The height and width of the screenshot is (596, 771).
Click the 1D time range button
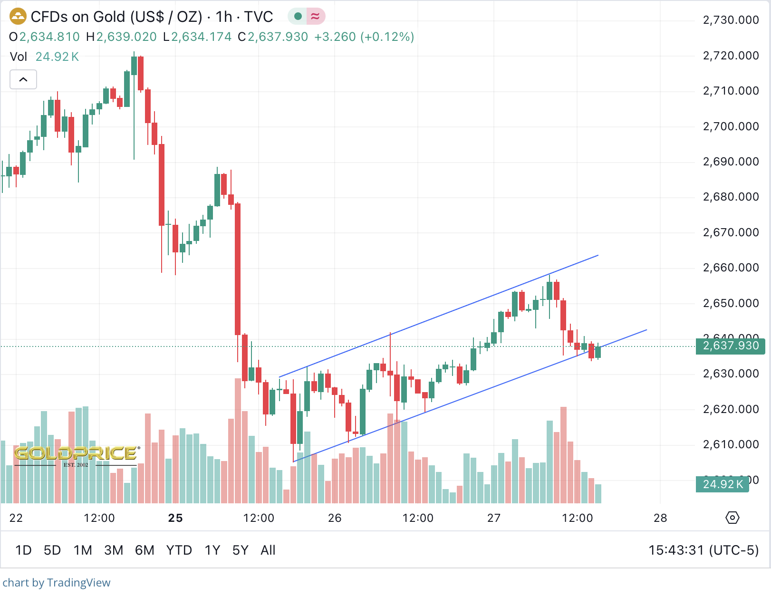pos(23,550)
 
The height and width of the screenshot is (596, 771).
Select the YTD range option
pos(179,550)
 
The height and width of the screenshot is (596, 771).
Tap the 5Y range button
pos(240,550)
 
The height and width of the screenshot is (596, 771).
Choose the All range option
pos(268,550)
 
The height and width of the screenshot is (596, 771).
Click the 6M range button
pos(145,550)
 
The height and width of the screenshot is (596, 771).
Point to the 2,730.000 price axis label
pos(731,20)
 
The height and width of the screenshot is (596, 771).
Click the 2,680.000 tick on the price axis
pos(731,197)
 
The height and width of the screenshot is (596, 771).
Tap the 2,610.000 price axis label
pos(731,444)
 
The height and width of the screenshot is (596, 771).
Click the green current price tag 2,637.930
pos(730,346)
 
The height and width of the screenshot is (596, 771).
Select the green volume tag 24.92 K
pos(723,484)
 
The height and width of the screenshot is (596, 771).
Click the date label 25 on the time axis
pos(175,518)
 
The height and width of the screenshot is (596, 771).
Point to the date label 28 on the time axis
pos(660,518)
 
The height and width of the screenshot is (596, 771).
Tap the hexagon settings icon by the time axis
pos(732,518)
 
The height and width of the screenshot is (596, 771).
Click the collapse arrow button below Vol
pos(23,79)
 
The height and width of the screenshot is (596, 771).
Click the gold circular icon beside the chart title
pos(18,17)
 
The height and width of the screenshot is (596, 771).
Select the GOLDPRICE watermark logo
pos(77,454)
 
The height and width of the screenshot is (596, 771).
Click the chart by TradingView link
pos(57,583)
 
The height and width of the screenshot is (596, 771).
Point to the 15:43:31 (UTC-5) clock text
pos(704,550)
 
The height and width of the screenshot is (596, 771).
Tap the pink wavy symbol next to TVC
pos(315,17)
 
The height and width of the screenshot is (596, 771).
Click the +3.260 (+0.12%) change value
pos(364,37)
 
